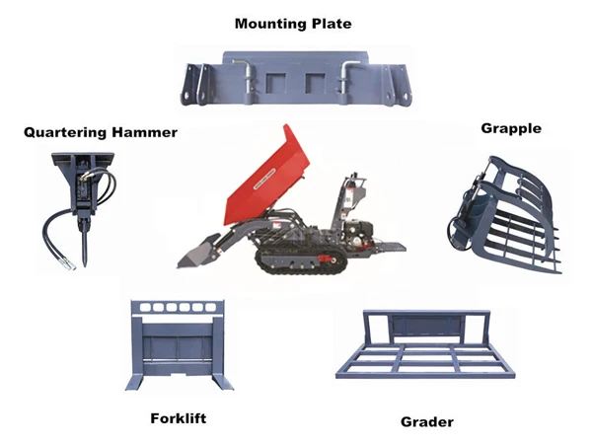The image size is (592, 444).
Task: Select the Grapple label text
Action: (x=511, y=128)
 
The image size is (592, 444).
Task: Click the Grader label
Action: (x=427, y=422)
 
